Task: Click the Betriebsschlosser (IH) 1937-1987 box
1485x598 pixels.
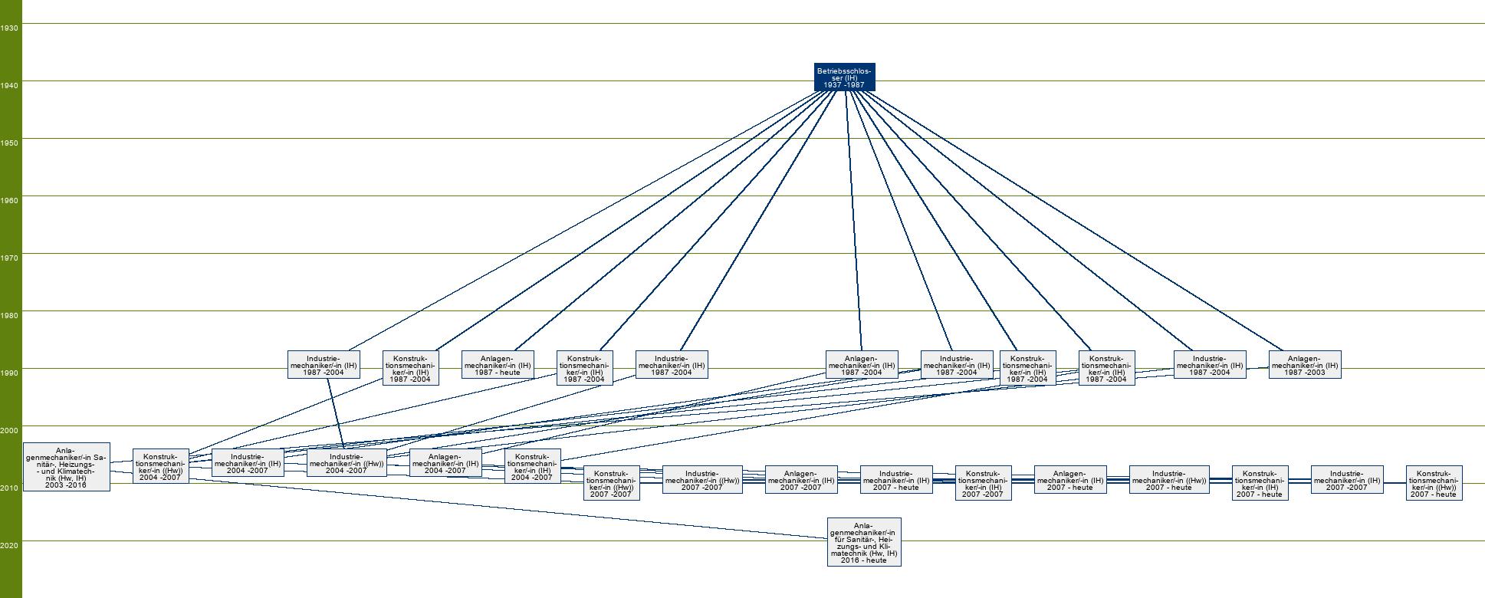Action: pos(844,77)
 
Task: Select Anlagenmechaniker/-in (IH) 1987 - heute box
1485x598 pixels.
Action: pos(497,365)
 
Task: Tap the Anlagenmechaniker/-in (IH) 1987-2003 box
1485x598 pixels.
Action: pos(1305,365)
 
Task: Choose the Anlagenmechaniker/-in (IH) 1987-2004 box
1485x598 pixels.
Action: pos(862,365)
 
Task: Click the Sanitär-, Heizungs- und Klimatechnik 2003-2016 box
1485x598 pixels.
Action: pos(67,467)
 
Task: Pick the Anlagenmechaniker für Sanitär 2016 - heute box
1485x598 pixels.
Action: pos(864,542)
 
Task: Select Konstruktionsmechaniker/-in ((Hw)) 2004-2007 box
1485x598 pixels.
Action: pos(161,466)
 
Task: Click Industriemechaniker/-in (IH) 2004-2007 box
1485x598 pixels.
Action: pos(248,463)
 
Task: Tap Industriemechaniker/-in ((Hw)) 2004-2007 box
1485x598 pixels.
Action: pos(347,463)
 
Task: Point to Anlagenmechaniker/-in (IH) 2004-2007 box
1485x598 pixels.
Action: pos(445,463)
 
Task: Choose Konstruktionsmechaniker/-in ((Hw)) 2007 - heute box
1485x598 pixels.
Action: pos(1434,483)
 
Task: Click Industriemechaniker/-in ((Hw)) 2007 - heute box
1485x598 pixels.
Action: pos(1169,480)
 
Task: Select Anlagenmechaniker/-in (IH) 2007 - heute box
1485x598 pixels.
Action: pos(1070,480)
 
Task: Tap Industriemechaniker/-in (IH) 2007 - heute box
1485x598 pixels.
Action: pos(896,480)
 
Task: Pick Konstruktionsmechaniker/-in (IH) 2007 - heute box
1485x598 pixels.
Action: pos(1260,483)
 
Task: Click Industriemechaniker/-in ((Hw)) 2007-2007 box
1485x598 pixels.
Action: pos(702,480)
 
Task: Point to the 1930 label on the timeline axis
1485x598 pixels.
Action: pos(10,28)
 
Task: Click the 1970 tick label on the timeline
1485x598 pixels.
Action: pos(10,258)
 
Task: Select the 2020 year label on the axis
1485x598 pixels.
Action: pos(10,546)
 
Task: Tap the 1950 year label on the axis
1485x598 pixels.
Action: pos(10,143)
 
